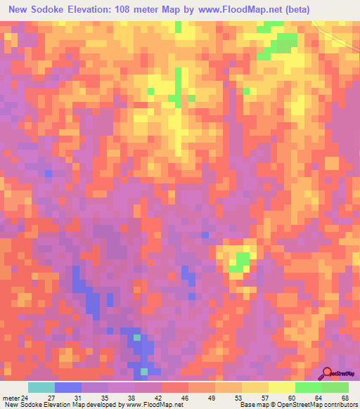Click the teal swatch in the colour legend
[x=41, y=387]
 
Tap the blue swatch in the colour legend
[x=68, y=387]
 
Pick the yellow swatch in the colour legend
[x=282, y=387]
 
